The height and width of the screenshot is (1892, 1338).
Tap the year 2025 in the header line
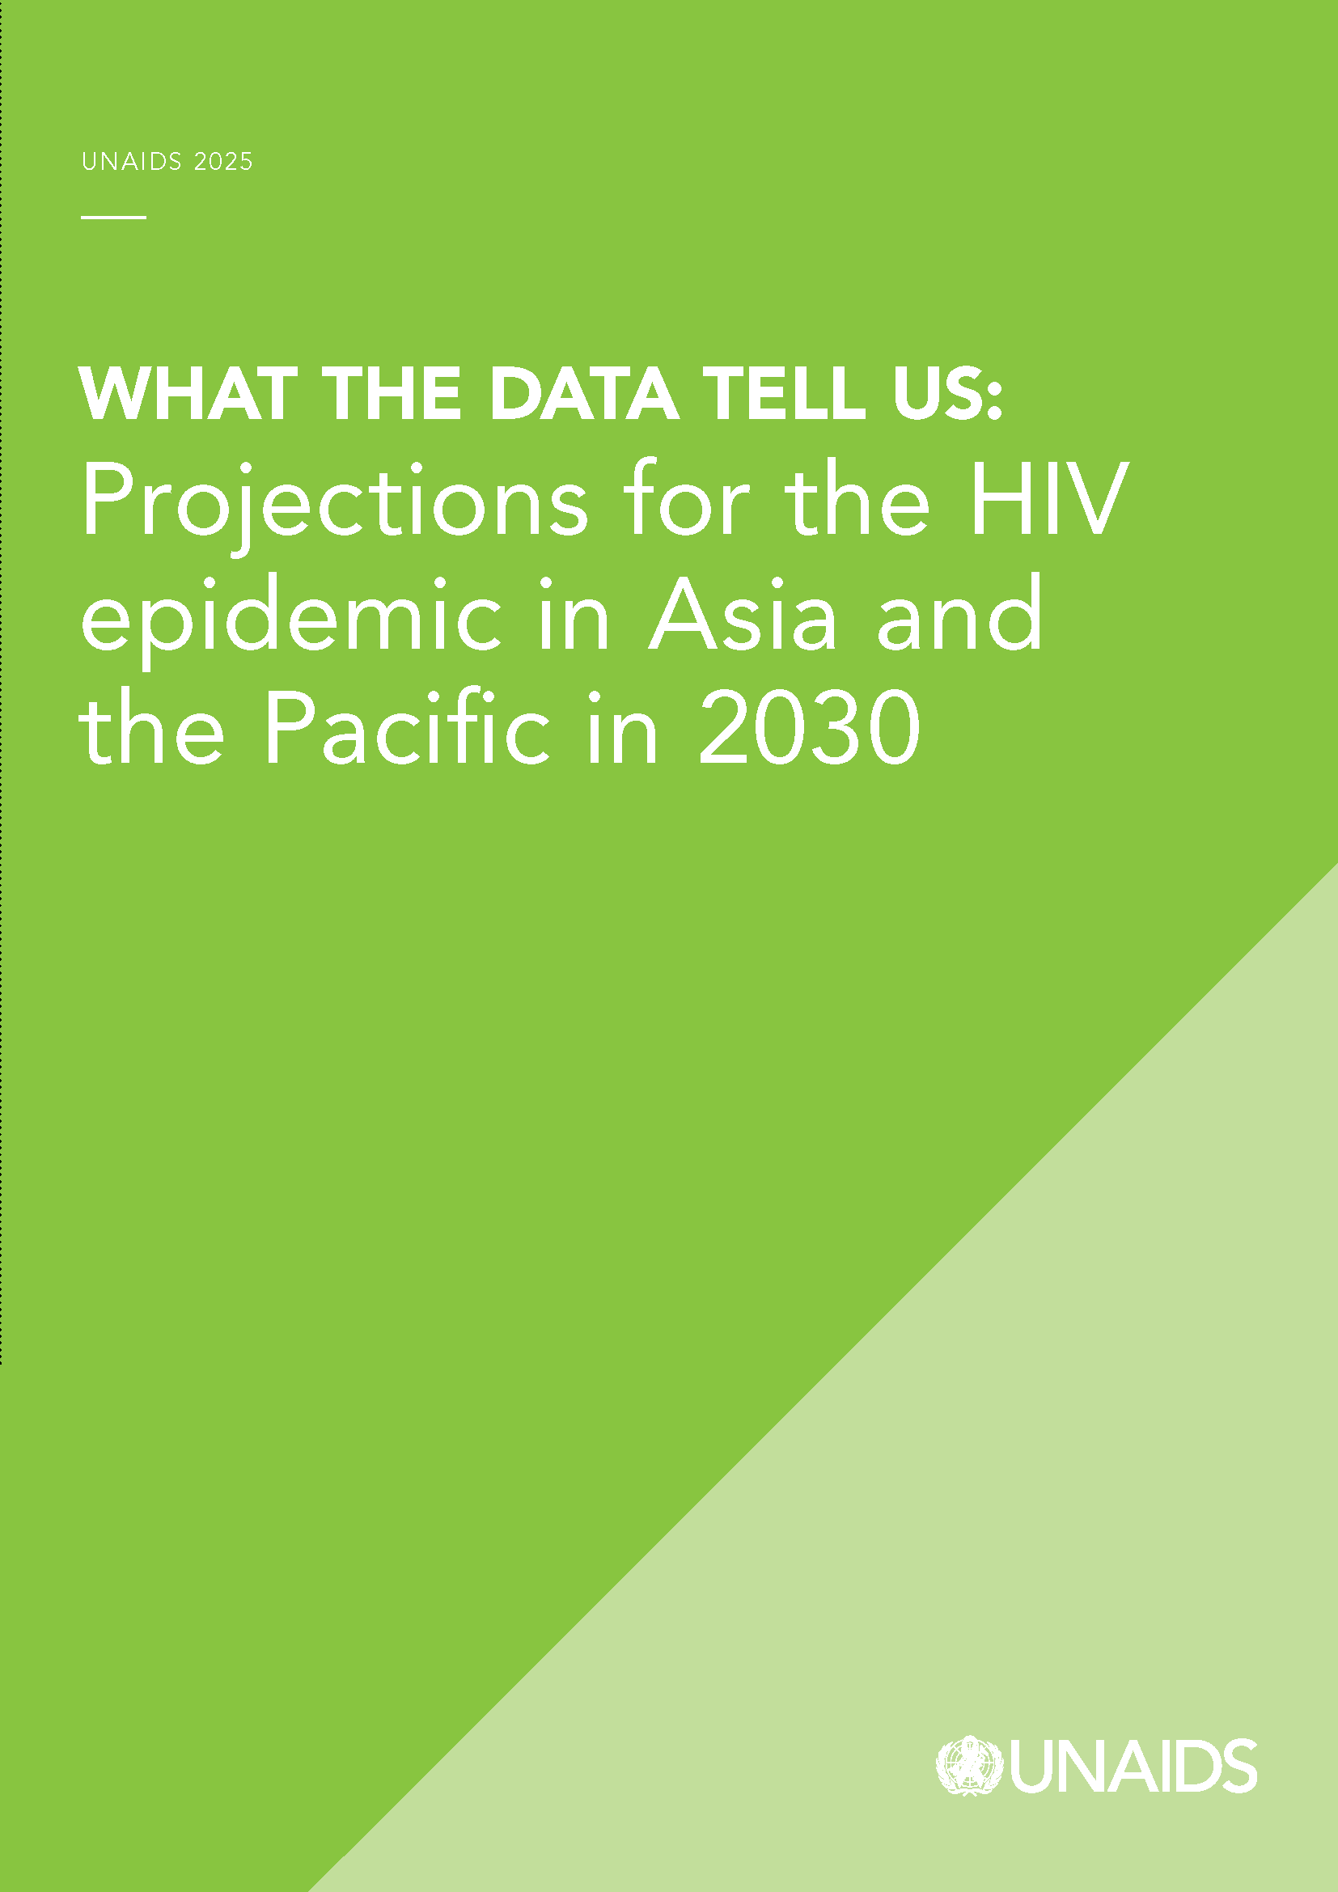[x=223, y=162]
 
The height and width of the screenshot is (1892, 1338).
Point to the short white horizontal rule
[x=114, y=218]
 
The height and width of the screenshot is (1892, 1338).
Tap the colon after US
[x=994, y=402]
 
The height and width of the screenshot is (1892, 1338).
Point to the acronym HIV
[x=1048, y=498]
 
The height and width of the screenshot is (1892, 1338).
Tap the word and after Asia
[x=960, y=611]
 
